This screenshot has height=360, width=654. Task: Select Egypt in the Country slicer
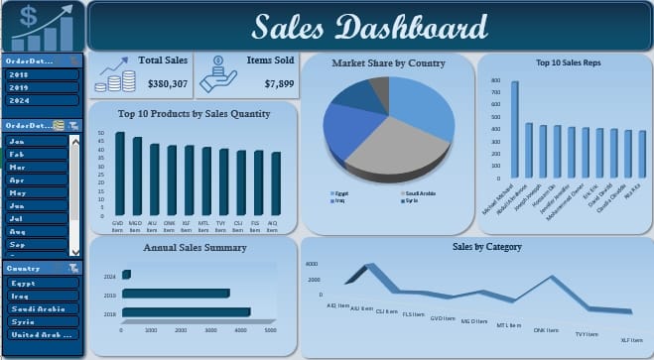click(40, 283)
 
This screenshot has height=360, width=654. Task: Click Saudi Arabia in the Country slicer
click(40, 308)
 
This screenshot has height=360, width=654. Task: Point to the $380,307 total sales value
click(165, 84)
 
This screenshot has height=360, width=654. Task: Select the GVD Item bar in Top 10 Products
click(120, 176)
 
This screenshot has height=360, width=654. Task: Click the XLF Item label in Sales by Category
click(627, 339)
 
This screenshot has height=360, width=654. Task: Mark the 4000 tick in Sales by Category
click(311, 264)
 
